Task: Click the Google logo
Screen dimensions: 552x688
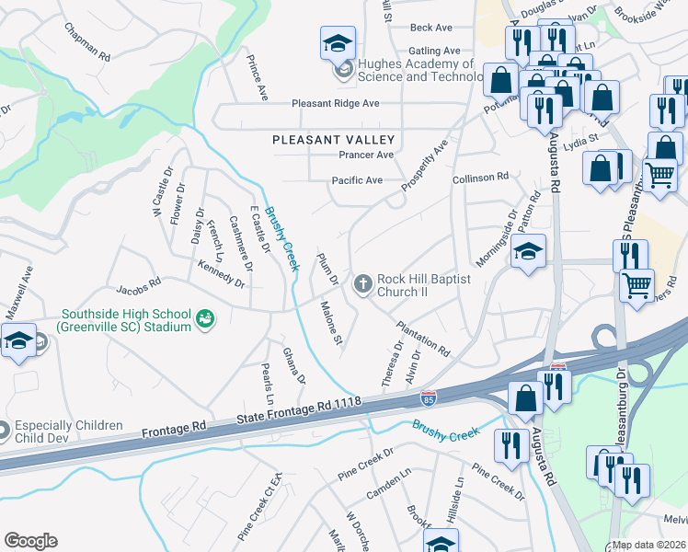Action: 30,541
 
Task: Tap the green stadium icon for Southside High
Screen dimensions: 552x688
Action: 206,319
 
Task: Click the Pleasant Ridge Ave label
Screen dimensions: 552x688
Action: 336,104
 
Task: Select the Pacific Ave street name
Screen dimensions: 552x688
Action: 357,180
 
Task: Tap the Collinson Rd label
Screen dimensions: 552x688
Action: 480,176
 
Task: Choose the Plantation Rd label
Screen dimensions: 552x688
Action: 423,339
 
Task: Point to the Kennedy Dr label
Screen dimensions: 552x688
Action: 221,272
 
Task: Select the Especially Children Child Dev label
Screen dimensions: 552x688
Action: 62,431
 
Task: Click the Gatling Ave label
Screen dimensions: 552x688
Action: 435,51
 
